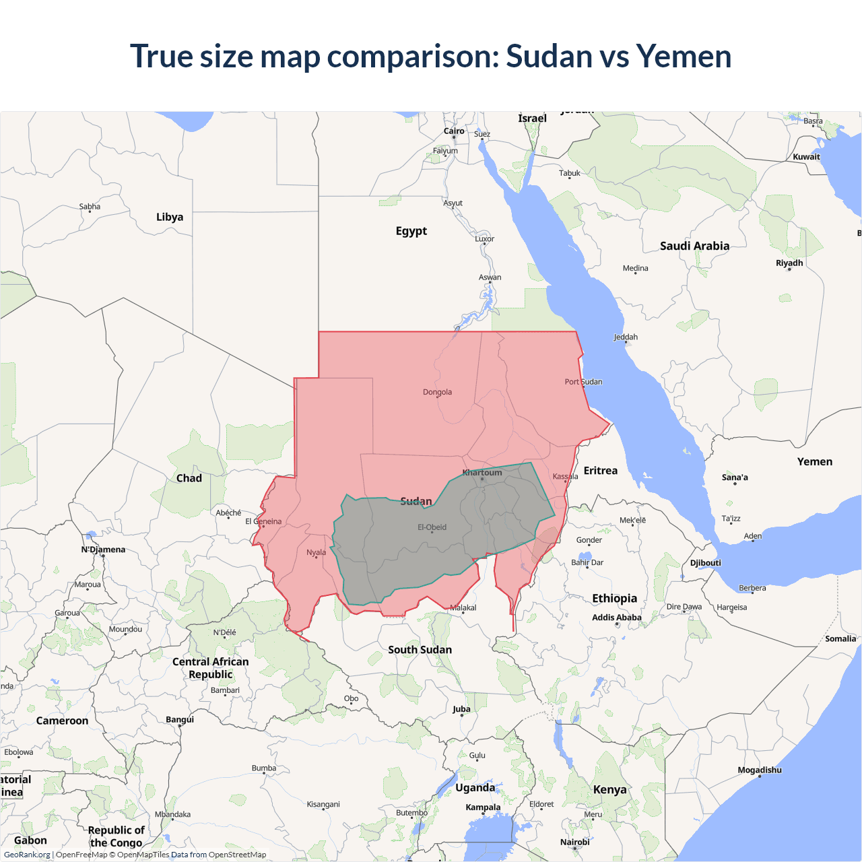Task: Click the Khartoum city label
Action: (482, 473)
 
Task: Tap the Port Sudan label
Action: (583, 382)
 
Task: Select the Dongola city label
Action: (437, 392)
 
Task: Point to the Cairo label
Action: (454, 131)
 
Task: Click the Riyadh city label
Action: (789, 263)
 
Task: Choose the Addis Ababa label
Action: (616, 618)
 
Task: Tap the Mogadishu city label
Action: (760, 770)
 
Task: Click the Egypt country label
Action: (411, 231)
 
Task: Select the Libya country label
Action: (170, 217)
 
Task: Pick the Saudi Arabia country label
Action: (694, 246)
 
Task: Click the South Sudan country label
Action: (420, 650)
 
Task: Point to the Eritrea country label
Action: (600, 471)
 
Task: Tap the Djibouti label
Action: (705, 563)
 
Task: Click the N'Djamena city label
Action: (103, 550)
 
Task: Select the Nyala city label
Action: (316, 552)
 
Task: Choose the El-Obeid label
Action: (432, 527)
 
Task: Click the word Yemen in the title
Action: (684, 56)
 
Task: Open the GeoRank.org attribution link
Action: (27, 855)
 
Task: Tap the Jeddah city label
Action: (626, 337)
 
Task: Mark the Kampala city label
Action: (483, 807)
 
